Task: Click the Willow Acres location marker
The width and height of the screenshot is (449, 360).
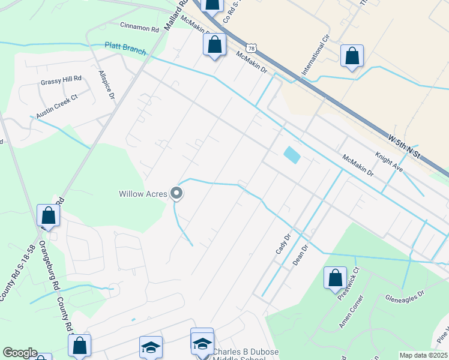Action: (176, 193)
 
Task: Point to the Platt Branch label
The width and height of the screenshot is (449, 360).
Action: (125, 48)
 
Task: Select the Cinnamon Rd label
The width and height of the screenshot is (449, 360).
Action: (139, 28)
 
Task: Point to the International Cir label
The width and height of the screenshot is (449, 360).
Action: (316, 56)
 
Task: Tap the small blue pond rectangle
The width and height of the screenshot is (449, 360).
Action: (292, 155)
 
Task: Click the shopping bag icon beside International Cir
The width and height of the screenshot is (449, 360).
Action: (352, 56)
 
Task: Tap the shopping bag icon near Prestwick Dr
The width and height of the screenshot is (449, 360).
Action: (335, 278)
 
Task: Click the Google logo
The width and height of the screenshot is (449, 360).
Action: (20, 353)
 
